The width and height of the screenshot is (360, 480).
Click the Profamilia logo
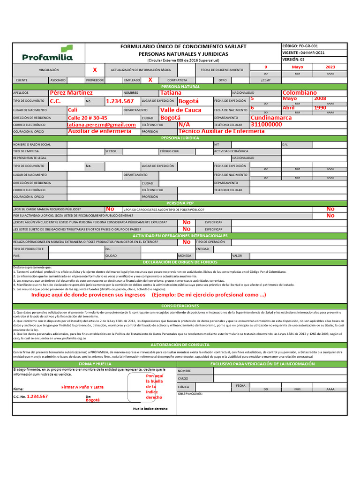47,53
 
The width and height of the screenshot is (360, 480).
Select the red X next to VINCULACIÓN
95,70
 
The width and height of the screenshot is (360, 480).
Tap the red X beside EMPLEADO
150,80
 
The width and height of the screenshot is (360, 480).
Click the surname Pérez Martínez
71,93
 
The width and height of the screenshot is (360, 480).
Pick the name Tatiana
171,93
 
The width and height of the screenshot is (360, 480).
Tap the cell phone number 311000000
267,125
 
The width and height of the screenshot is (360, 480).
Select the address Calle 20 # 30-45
88,118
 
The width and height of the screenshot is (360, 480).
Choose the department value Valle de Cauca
181,110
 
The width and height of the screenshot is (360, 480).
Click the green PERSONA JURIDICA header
180,138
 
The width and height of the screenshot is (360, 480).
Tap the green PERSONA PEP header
180,203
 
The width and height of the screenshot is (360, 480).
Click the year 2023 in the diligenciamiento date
330,67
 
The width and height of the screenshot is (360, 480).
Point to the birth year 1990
320,108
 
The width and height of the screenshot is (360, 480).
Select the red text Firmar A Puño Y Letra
82,387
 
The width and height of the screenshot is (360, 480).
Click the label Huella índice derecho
150,409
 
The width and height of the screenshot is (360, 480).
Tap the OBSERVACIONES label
190,394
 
